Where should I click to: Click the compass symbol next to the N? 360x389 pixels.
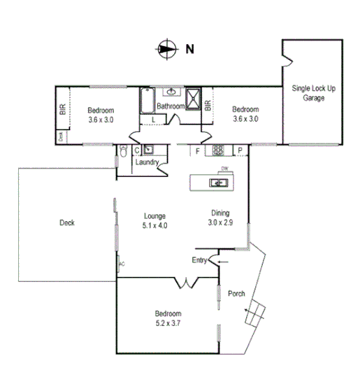(x=166, y=48)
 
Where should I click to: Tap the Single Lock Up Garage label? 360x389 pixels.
(x=313, y=94)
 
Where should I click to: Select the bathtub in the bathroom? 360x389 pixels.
(x=147, y=101)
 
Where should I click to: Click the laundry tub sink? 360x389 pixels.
(x=148, y=149)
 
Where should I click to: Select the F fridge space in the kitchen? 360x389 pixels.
(x=198, y=150)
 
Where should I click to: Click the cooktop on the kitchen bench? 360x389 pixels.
(x=218, y=150)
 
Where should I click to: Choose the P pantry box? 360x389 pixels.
(x=239, y=150)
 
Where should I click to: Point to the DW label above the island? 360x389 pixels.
(x=224, y=169)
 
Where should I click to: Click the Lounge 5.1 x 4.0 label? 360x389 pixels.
(x=154, y=220)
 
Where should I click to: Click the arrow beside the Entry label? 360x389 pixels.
(x=223, y=261)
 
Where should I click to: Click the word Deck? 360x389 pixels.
(x=67, y=223)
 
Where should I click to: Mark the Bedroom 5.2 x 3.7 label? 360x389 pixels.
(x=168, y=318)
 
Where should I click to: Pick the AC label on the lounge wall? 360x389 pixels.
(x=122, y=264)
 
